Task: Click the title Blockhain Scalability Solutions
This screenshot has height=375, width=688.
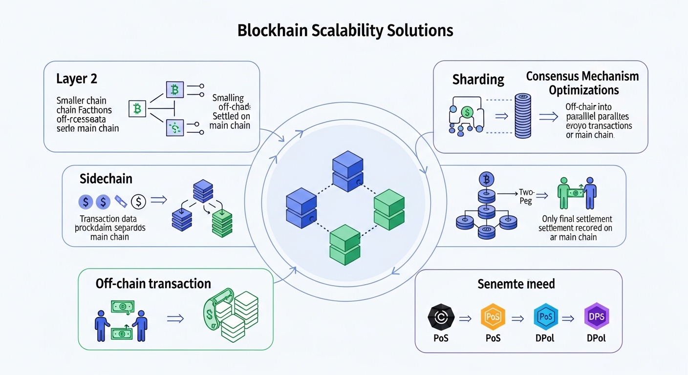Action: tap(345, 30)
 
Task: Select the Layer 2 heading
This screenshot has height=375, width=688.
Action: tap(74, 79)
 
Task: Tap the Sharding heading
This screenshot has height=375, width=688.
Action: tap(478, 79)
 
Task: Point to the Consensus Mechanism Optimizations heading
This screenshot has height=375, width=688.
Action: tap(582, 83)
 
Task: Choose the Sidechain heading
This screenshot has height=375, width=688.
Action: tap(106, 178)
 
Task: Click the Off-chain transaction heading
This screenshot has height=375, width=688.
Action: tap(153, 284)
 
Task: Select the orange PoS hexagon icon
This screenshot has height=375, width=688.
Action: tap(493, 317)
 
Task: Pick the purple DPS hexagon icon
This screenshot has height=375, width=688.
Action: tap(597, 317)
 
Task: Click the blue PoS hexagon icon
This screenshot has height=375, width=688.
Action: tap(545, 317)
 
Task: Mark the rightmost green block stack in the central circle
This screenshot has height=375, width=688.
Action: tap(389, 208)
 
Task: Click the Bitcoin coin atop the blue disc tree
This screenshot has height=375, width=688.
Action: tap(487, 179)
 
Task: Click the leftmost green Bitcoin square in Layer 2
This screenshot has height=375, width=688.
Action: tap(137, 109)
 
